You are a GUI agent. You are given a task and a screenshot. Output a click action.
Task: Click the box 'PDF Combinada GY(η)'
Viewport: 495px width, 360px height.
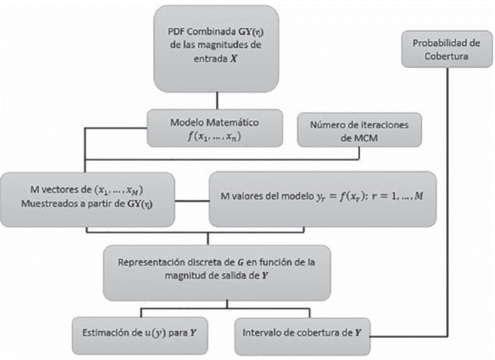point(218,46)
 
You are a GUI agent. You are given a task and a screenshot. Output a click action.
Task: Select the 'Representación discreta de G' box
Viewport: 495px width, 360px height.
point(217,272)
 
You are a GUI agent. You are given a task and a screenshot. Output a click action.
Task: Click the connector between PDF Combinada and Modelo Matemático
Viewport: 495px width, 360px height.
point(218,99)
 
